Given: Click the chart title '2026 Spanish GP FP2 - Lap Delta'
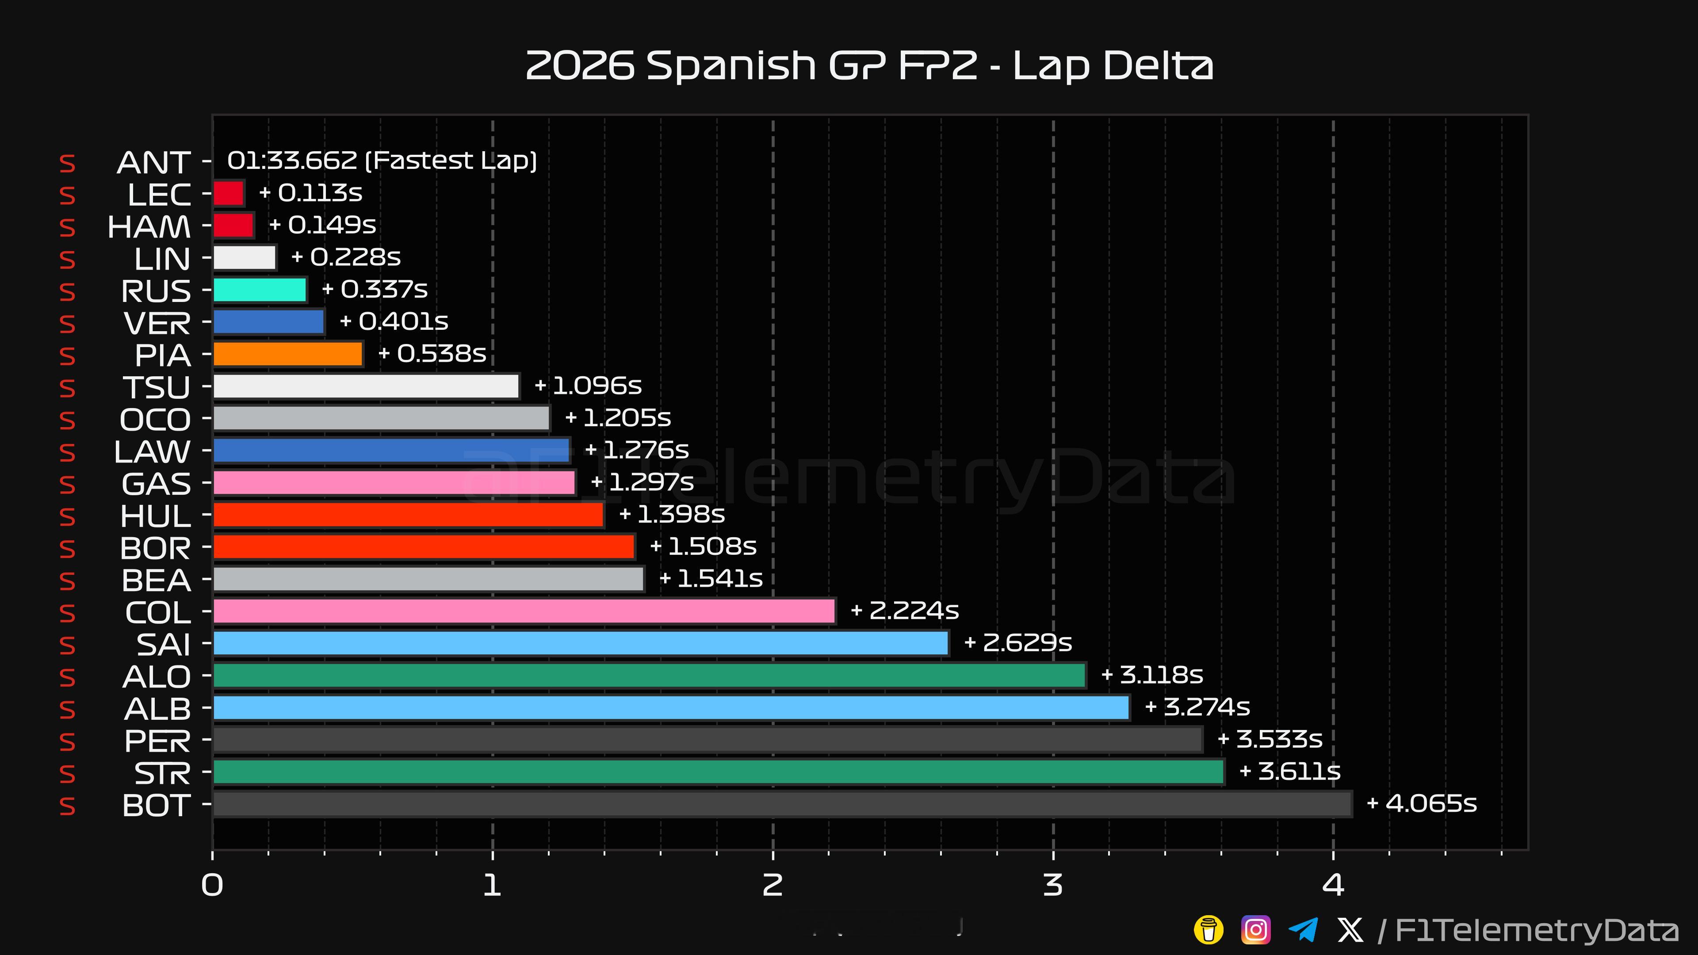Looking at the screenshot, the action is [869, 66].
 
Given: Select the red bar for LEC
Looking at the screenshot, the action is [229, 194].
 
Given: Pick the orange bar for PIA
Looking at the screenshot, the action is [288, 354].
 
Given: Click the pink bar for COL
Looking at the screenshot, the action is [524, 611].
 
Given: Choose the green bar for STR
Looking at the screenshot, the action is [719, 772].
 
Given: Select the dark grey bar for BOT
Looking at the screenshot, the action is [782, 804].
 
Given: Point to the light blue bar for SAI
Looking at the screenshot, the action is [581, 643].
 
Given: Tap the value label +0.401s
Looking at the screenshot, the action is [394, 321].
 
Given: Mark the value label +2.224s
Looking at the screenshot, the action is [905, 611].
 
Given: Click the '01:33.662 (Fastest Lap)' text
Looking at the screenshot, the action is [382, 160].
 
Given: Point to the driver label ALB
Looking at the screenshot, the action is [157, 709].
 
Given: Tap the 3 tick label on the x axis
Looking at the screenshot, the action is [1053, 885].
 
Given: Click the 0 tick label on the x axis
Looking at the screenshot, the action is [212, 885].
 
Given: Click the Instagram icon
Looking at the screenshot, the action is [1256, 930].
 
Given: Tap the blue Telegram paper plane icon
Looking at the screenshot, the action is [1303, 930].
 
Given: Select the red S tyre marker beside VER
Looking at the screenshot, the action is [67, 324].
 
